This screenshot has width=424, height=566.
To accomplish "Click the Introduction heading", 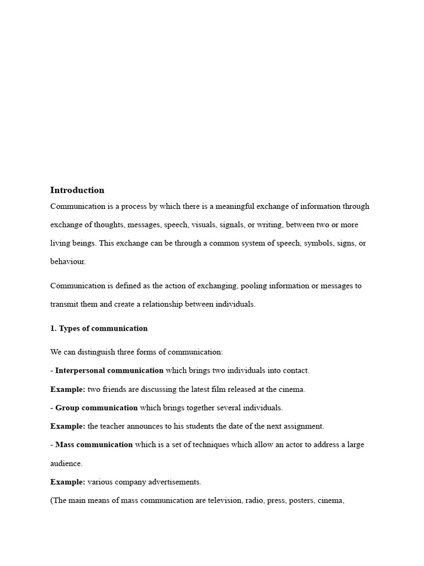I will [77, 190].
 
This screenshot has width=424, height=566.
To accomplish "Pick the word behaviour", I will [68, 262].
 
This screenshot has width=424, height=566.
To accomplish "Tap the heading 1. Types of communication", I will [99, 328].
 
